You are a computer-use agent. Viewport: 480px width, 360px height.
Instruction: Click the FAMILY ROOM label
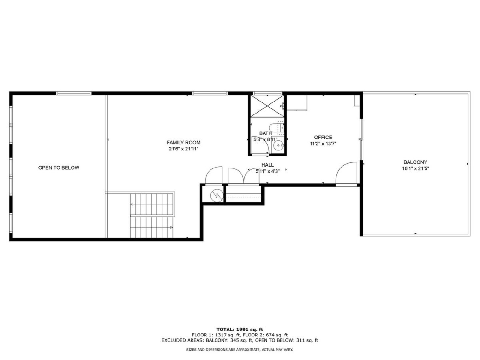tap(184, 142)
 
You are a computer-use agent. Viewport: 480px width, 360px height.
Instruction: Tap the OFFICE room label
tap(323, 137)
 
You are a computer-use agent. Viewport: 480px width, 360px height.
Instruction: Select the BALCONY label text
tap(415, 162)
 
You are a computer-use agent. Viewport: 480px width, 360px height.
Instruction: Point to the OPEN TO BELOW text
tap(59, 168)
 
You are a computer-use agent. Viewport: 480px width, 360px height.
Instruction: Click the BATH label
tap(266, 133)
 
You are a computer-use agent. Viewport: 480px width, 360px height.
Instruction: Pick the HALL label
tap(268, 165)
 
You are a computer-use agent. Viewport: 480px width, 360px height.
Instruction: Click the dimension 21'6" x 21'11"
tap(184, 149)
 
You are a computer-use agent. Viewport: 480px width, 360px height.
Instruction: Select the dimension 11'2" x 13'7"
tap(323, 144)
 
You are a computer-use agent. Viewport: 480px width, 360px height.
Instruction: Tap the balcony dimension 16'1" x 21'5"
tap(415, 168)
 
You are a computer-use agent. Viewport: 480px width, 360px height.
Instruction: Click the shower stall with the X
tap(267, 106)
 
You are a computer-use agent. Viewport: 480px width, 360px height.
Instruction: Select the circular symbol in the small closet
tap(217, 195)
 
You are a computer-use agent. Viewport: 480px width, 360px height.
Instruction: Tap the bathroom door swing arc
tap(263, 145)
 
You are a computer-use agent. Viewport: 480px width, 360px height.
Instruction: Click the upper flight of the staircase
tap(152, 204)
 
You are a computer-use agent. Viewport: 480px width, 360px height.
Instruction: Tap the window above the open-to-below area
tap(74, 93)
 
